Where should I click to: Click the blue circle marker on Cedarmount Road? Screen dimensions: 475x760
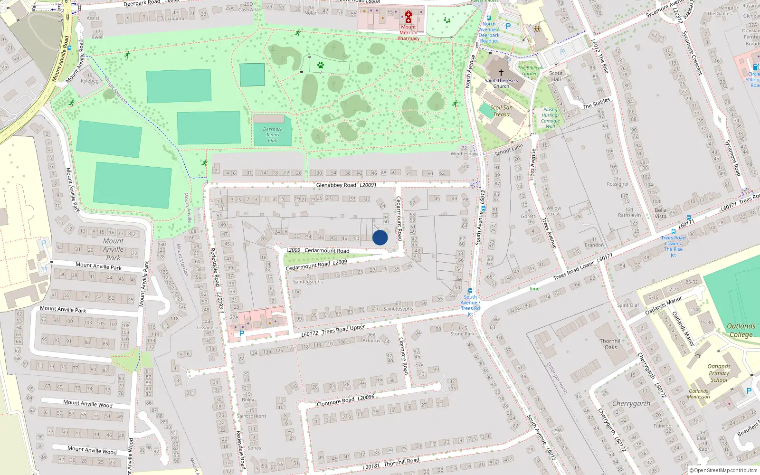380,237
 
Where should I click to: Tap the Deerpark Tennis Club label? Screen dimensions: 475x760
273,135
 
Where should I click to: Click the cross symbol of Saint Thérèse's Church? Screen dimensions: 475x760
501,73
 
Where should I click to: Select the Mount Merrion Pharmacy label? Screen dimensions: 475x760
408,33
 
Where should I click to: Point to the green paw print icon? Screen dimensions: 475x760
321,65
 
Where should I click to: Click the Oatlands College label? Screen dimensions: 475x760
741,330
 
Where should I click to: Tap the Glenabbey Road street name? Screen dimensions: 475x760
336,185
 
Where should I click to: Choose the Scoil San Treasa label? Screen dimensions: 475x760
501,111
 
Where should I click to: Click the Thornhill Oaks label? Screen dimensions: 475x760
610,344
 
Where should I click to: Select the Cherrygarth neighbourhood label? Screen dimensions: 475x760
631,404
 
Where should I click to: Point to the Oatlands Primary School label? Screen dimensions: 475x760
719,373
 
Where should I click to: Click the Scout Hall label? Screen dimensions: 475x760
556,76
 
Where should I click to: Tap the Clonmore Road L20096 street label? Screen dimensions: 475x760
345,400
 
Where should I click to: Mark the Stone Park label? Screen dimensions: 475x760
463,331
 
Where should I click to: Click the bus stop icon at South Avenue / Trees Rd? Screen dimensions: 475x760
470,291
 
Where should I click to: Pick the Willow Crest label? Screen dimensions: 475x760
553,211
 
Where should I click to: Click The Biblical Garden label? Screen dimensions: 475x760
530,71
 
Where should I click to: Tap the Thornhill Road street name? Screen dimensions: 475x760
401,461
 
